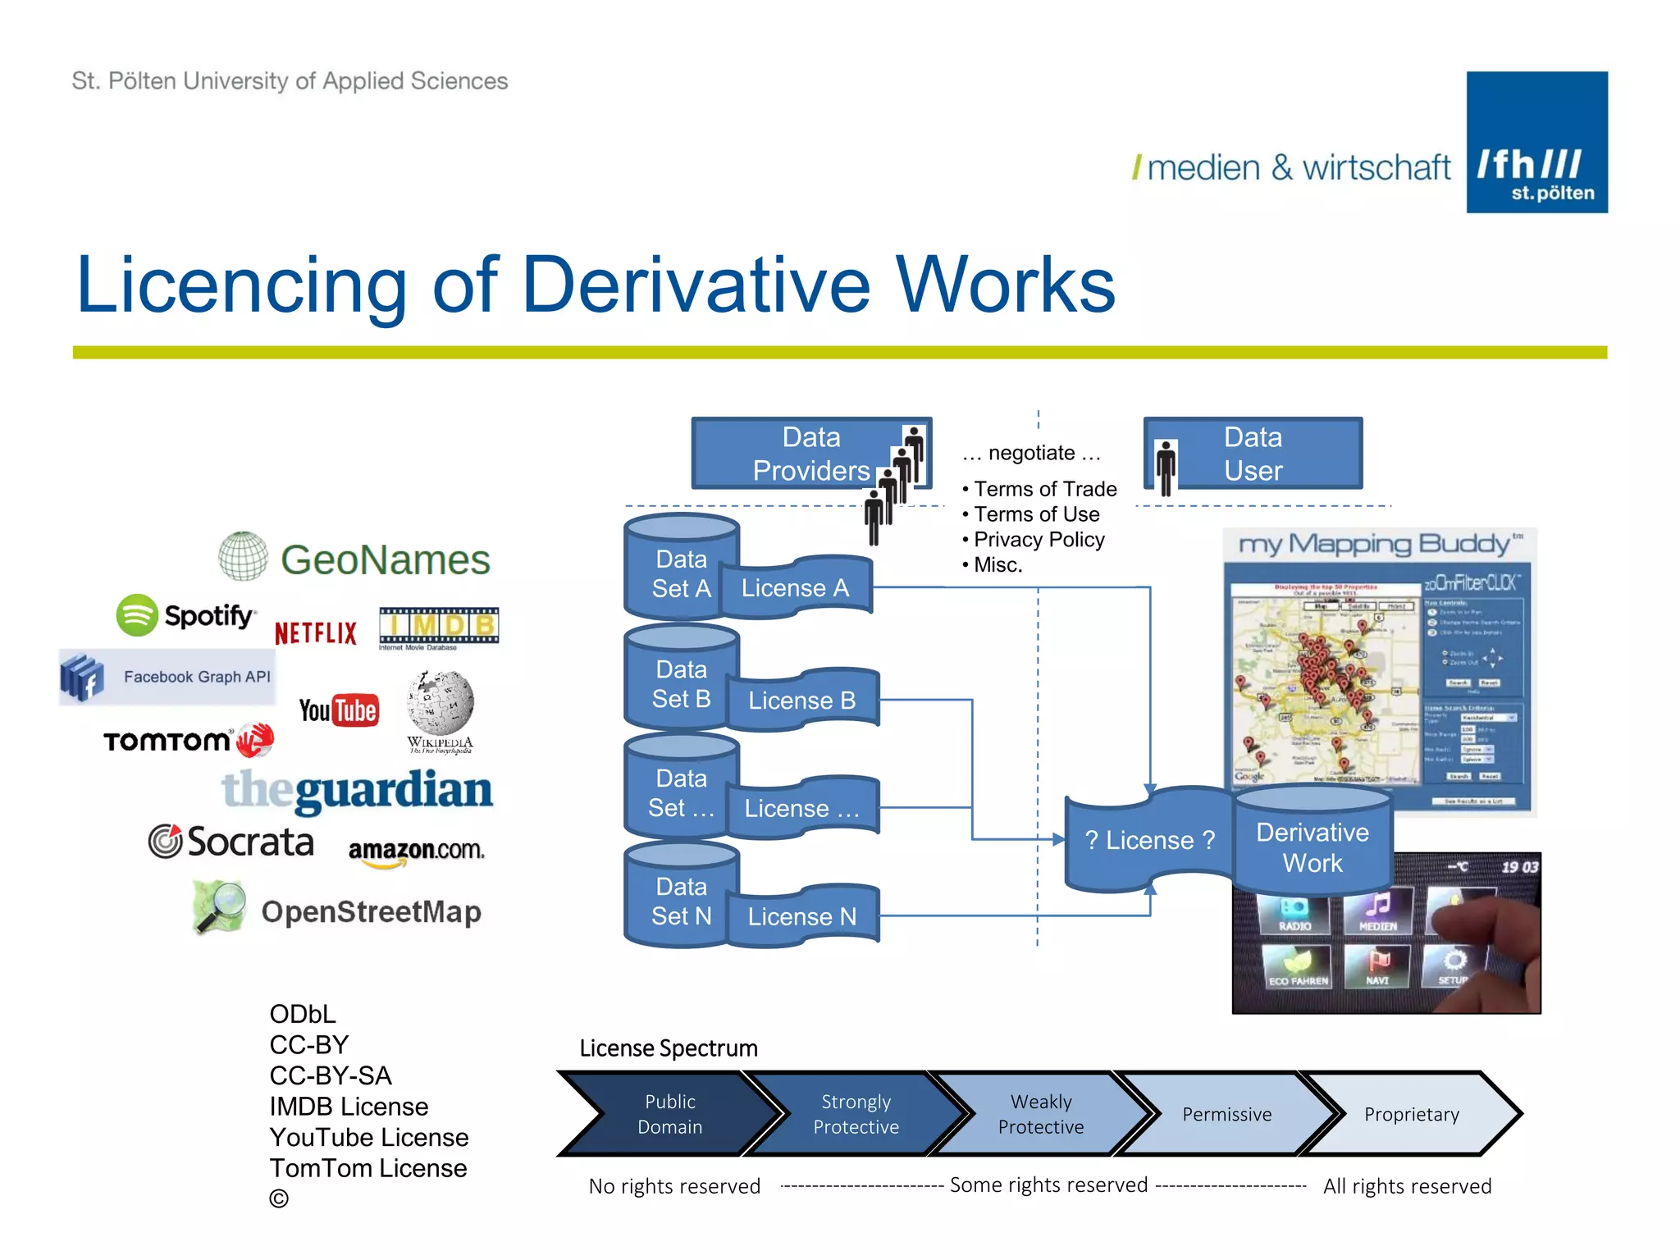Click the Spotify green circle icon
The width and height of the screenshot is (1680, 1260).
pos(137,615)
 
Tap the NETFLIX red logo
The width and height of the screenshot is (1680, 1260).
pos(316,633)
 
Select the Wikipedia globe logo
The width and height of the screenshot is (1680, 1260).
pos(441,703)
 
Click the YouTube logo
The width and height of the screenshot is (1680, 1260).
pos(339,710)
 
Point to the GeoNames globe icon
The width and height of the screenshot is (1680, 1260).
pos(243,556)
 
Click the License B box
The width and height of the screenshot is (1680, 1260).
pos(801,700)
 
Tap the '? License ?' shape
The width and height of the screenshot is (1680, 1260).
pos(1148,840)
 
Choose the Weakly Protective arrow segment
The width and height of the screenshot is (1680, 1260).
pos(1040,1114)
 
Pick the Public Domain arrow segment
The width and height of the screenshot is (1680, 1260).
pos(669,1114)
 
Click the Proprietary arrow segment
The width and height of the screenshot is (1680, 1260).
pos(1411,1114)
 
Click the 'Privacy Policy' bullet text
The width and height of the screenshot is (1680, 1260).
pos(1039,540)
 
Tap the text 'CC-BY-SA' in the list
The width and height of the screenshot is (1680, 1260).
pos(331,1075)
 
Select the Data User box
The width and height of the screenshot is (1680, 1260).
pos(1253,454)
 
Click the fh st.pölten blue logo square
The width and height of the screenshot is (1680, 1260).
pos(1536,143)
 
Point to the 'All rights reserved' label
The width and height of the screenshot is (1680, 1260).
pos(1407,1186)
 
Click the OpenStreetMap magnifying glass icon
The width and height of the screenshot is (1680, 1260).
pos(219,906)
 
